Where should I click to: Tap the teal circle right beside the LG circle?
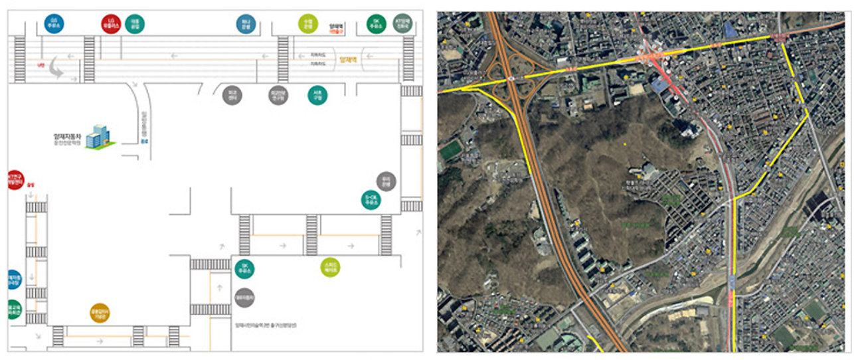click(134, 25)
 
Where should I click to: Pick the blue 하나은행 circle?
click(246, 25)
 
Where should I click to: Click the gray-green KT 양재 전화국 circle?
click(402, 23)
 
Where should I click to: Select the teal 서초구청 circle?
click(317, 96)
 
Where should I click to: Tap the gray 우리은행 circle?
click(386, 181)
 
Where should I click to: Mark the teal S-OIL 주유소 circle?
click(371, 201)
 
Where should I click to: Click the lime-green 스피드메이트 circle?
click(330, 267)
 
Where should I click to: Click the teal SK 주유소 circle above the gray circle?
click(244, 268)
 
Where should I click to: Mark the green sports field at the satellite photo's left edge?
click(450, 149)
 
